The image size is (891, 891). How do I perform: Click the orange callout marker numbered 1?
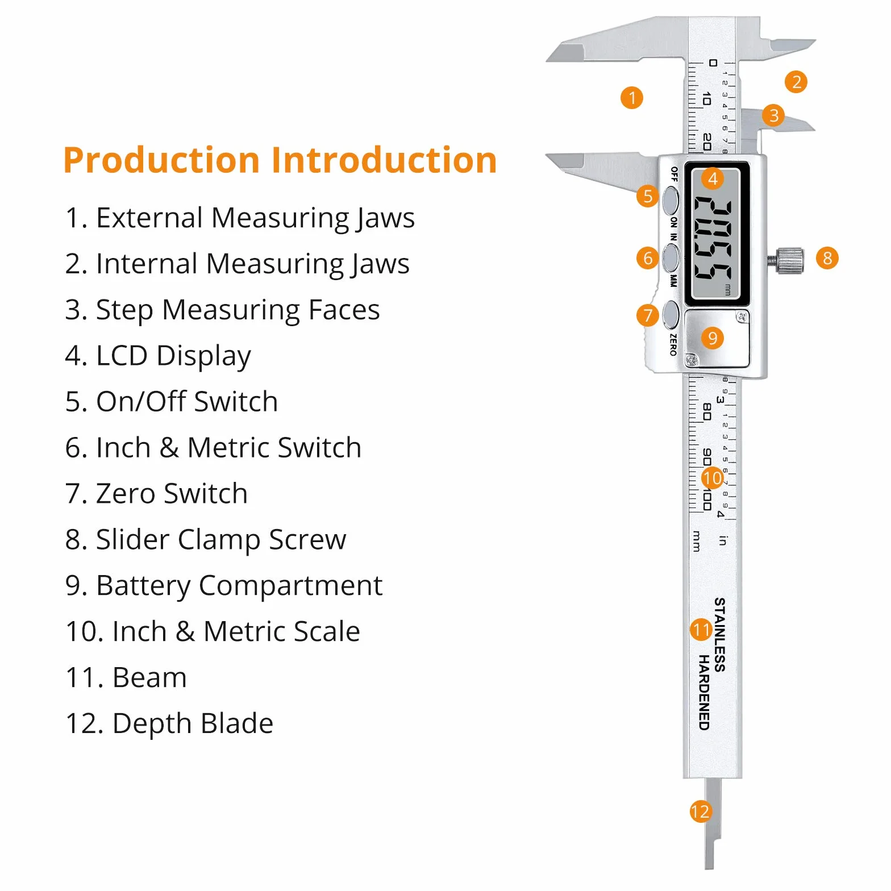[x=632, y=98]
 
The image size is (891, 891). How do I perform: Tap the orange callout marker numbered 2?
[x=796, y=82]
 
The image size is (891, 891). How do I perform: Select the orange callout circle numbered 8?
[x=827, y=258]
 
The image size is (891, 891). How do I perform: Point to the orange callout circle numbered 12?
[x=700, y=811]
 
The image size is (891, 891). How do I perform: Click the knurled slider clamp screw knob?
[x=790, y=260]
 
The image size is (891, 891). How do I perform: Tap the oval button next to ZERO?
[x=671, y=315]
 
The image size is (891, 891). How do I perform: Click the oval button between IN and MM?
[x=671, y=258]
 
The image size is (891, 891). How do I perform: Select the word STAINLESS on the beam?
[x=719, y=634]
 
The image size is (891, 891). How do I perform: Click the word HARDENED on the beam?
[x=705, y=692]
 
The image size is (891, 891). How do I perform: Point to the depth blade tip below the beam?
[x=709, y=867]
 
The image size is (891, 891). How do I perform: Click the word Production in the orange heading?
[x=161, y=160]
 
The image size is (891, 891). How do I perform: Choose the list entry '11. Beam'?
[x=126, y=677]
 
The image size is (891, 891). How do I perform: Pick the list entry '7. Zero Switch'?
[x=156, y=493]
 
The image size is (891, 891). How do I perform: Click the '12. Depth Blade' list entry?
[x=169, y=724]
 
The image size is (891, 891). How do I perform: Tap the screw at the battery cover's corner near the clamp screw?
[x=740, y=317]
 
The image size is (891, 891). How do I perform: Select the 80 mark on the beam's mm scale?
[x=707, y=412]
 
